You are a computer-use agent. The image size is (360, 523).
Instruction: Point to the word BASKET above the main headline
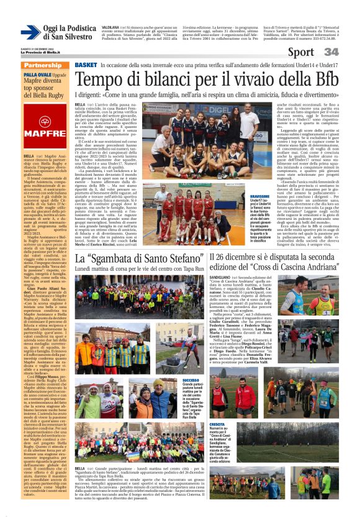pyautogui.click(x=85, y=65)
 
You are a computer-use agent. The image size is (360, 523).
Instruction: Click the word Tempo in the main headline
pyautogui.click(x=101, y=80)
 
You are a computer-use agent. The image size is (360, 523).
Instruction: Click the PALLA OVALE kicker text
pyautogui.click(x=38, y=75)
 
